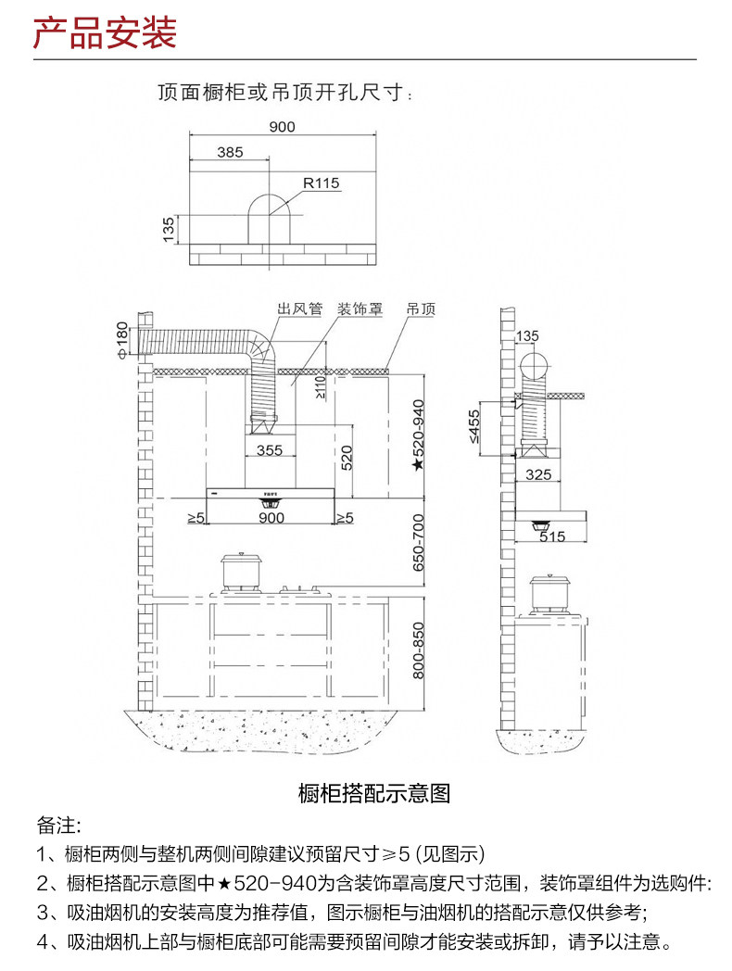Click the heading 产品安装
tap(104, 34)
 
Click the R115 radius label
tap(322, 183)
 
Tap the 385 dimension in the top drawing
tap(230, 152)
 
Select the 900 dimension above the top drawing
tap(282, 127)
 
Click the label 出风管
tap(299, 309)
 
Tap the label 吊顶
tap(420, 309)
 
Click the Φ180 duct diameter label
tap(120, 338)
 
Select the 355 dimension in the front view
tap(269, 451)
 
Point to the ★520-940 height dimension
tap(418, 435)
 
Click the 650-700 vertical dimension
tap(418, 542)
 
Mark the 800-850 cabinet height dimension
tap(418, 649)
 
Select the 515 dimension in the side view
tap(552, 536)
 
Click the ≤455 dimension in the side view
tap(475, 427)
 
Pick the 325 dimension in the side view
tap(538, 474)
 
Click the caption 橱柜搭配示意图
tap(374, 794)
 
